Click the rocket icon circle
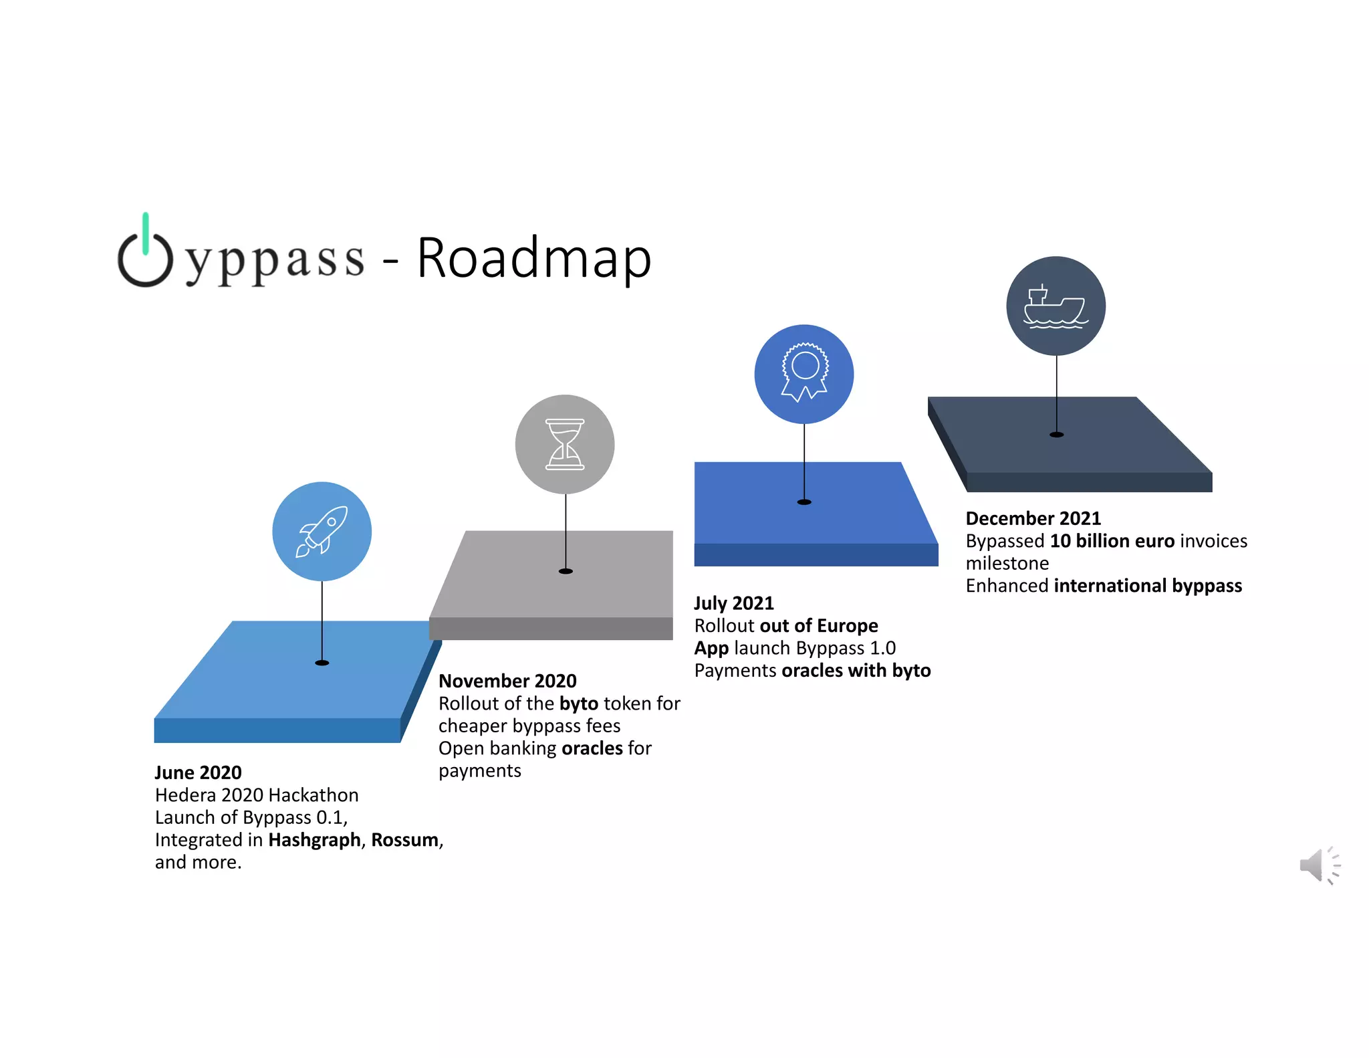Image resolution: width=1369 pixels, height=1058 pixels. tap(322, 532)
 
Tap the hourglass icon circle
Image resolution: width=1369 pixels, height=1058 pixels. tap(565, 444)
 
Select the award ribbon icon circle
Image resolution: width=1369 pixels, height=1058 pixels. tap(804, 374)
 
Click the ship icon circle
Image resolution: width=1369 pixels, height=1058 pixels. tap(1056, 306)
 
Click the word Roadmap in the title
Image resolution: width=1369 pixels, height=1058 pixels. tap(534, 258)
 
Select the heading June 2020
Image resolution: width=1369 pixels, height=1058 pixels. tap(198, 772)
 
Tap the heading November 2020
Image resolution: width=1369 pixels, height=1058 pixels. tap(507, 681)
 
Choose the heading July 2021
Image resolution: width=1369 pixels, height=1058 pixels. tap(734, 603)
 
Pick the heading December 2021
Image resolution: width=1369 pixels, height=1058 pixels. tap(1033, 518)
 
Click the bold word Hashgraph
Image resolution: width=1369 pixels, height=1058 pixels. tap(314, 840)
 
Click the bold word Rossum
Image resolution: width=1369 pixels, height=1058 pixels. tap(405, 840)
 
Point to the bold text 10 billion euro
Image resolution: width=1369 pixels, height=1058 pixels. tap(1112, 541)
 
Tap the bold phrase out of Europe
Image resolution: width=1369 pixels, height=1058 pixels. tap(819, 626)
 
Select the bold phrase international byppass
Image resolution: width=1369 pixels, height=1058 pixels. tap(1148, 586)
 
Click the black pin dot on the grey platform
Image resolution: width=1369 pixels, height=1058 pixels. tap(566, 571)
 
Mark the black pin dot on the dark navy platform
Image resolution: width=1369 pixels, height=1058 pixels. tap(1056, 435)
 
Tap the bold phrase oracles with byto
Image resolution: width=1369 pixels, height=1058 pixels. tap(856, 671)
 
